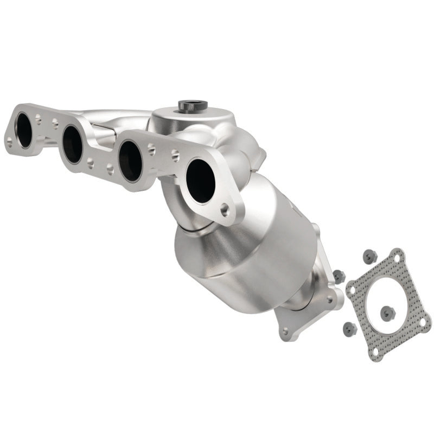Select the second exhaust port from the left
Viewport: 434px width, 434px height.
click(x=72, y=144)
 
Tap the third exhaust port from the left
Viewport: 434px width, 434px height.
click(x=130, y=161)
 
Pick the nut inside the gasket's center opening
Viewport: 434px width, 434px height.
click(x=387, y=312)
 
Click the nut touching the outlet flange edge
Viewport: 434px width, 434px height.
click(x=339, y=276)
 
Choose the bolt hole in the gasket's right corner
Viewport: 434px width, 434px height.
click(x=422, y=322)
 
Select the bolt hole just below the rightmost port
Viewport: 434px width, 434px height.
click(x=224, y=208)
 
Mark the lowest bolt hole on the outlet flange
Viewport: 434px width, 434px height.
click(x=284, y=331)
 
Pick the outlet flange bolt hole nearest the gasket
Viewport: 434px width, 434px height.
click(x=329, y=299)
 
